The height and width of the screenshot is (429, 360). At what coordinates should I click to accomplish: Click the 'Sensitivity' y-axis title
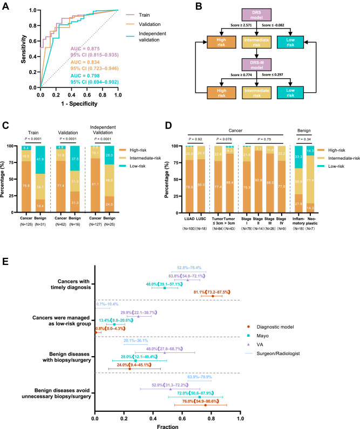click(25, 50)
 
